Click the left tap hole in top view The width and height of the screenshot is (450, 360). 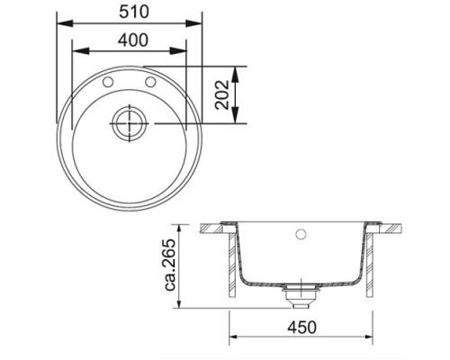[110, 83]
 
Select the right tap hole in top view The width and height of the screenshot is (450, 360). [148, 83]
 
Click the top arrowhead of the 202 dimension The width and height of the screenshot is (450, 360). [237, 70]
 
